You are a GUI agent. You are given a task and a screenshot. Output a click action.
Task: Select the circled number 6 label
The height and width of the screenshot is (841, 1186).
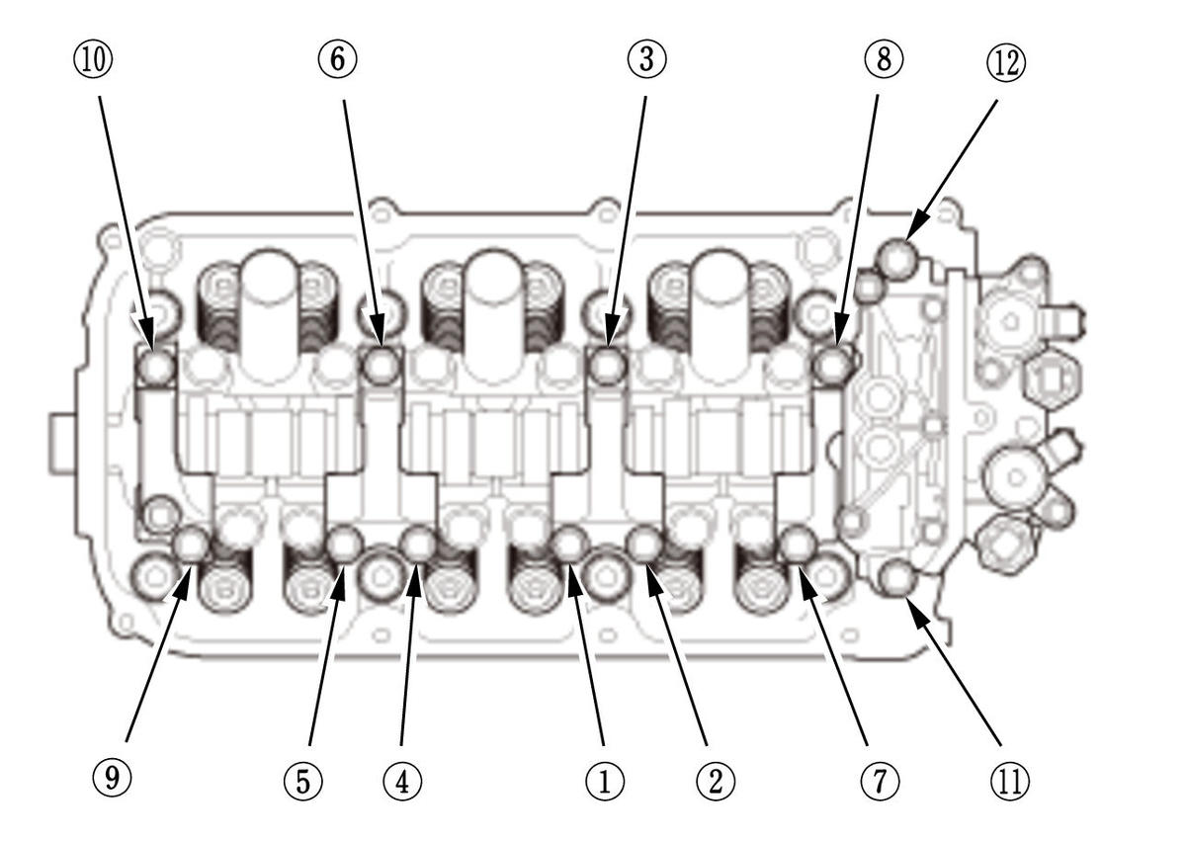pos(337,59)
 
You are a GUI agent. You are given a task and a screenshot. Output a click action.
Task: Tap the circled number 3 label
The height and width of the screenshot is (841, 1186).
pos(646,59)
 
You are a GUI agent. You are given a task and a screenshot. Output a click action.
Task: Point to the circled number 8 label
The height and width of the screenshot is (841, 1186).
pos(883,59)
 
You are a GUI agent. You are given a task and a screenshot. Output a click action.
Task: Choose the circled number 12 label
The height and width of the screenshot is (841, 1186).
pos(1005,62)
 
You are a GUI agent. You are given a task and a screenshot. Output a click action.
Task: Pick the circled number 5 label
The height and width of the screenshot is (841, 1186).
pos(304,781)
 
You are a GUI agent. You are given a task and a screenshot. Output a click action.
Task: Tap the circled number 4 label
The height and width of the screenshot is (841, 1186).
pos(401,781)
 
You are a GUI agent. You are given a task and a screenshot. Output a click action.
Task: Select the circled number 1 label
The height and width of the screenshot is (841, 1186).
pos(605,781)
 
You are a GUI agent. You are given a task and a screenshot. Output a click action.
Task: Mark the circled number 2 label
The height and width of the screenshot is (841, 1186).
pos(715,781)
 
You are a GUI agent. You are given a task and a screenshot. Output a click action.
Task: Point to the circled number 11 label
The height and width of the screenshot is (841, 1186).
pos(1009,781)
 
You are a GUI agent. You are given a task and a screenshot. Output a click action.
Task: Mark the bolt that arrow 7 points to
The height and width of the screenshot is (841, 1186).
pos(797,544)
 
